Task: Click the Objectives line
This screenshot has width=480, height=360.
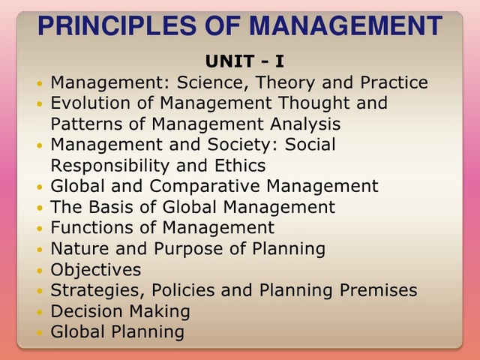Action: pyautogui.click(x=95, y=268)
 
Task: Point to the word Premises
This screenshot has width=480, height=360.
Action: pyautogui.click(x=377, y=289)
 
